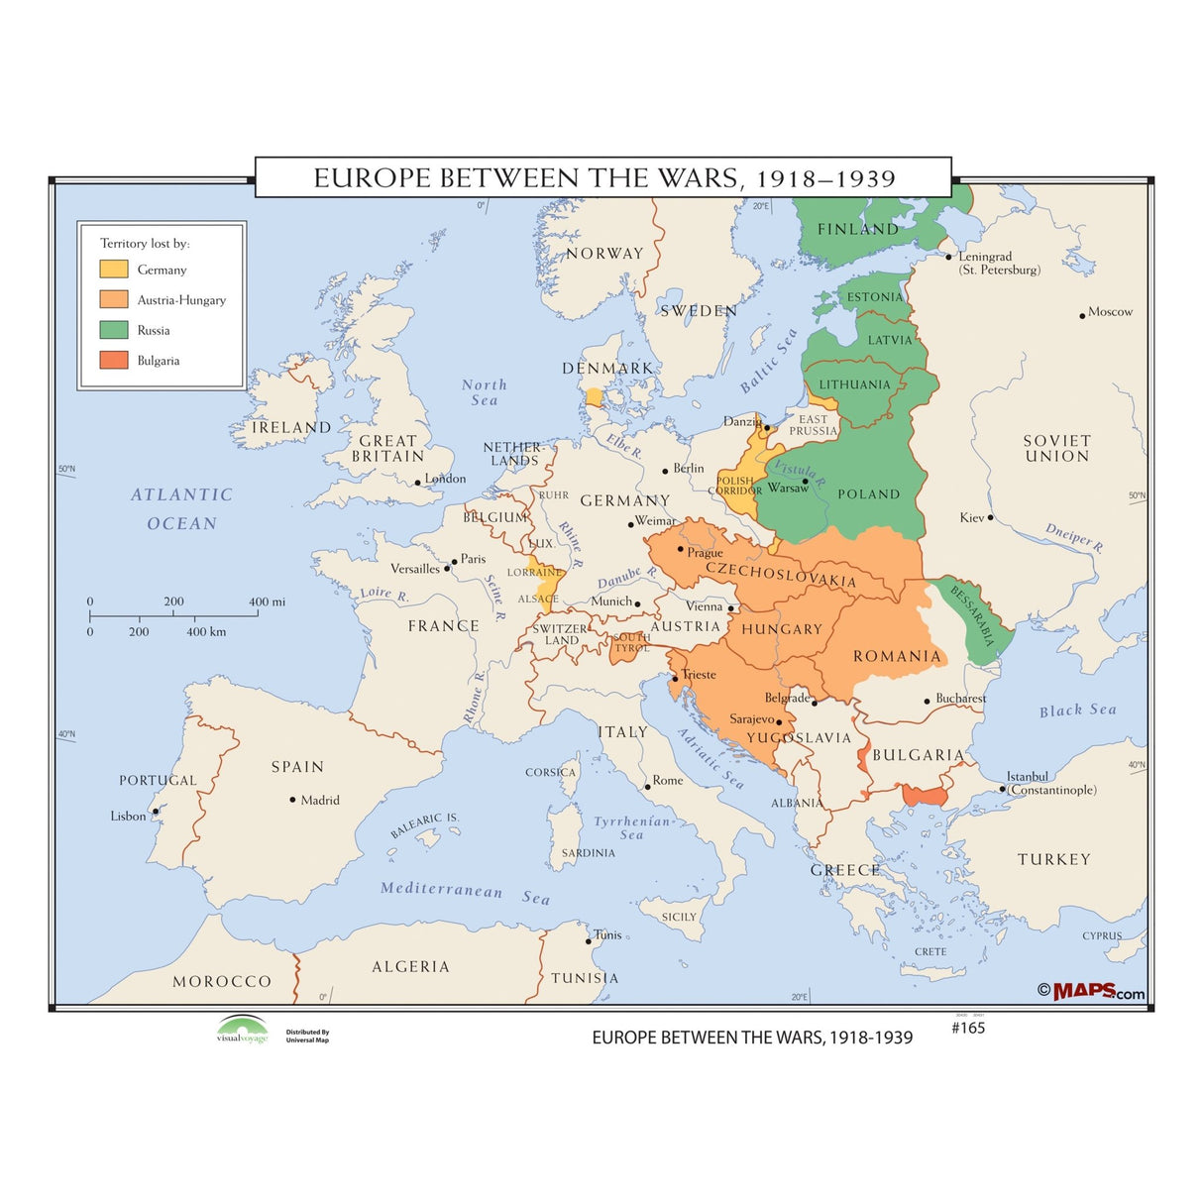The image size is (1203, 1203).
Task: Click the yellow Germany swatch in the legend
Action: point(113,269)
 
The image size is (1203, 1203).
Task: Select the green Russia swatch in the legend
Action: point(113,330)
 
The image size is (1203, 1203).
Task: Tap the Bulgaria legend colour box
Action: point(113,361)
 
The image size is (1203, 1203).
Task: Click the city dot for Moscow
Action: point(1082,316)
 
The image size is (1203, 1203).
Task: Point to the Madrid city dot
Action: point(292,800)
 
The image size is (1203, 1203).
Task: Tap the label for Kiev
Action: point(971,517)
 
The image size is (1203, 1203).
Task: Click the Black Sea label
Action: point(1077,711)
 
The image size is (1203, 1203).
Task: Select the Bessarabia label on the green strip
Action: point(972,615)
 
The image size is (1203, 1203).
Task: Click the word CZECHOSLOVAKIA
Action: point(780,575)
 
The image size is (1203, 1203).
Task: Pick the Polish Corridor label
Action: point(735,486)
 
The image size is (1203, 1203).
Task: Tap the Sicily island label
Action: point(679,917)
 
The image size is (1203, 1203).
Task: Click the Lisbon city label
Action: point(128,817)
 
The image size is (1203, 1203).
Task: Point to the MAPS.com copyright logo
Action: point(1092,991)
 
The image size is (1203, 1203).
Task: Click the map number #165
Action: point(967,1028)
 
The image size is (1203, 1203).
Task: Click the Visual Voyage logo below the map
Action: point(243,1030)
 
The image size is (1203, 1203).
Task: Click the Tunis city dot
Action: point(589,941)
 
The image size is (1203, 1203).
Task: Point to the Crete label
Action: point(930,951)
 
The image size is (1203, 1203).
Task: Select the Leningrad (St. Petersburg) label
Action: point(996,263)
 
